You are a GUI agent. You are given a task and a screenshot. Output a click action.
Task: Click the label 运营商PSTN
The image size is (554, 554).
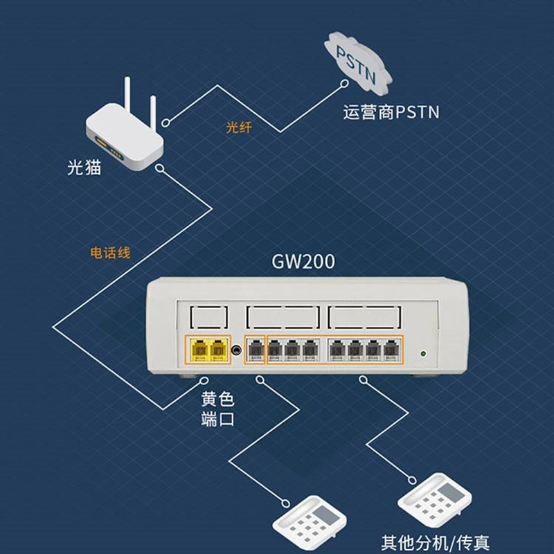(x=391, y=112)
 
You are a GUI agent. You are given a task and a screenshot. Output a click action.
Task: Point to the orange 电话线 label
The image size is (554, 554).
(x=111, y=251)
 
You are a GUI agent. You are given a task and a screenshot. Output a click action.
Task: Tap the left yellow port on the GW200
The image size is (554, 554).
(x=200, y=350)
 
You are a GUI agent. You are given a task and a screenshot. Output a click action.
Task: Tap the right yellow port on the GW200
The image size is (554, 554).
(x=220, y=350)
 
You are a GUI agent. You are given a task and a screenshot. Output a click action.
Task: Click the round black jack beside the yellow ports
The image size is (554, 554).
(x=238, y=351)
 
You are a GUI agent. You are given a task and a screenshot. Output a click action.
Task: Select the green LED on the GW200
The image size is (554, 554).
(x=424, y=355)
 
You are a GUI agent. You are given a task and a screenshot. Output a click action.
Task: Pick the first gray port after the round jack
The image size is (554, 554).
(x=256, y=351)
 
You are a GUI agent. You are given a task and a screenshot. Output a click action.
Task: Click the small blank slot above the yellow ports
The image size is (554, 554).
(x=209, y=318)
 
